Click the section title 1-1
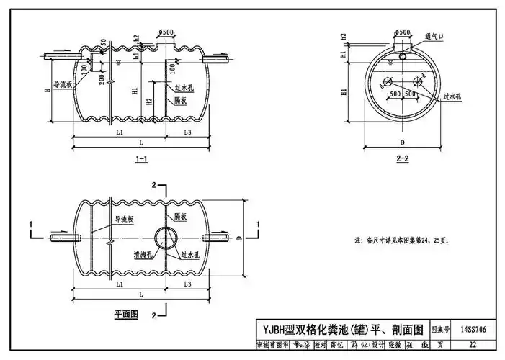point(141,160)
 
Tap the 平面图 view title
point(125,315)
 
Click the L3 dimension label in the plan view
point(187,286)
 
